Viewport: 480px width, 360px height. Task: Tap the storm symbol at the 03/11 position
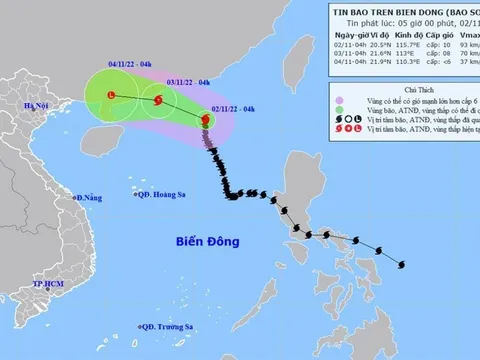pos(157,99)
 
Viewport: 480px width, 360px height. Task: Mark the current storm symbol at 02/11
pos(207,121)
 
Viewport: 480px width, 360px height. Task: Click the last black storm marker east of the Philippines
pos(401,264)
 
